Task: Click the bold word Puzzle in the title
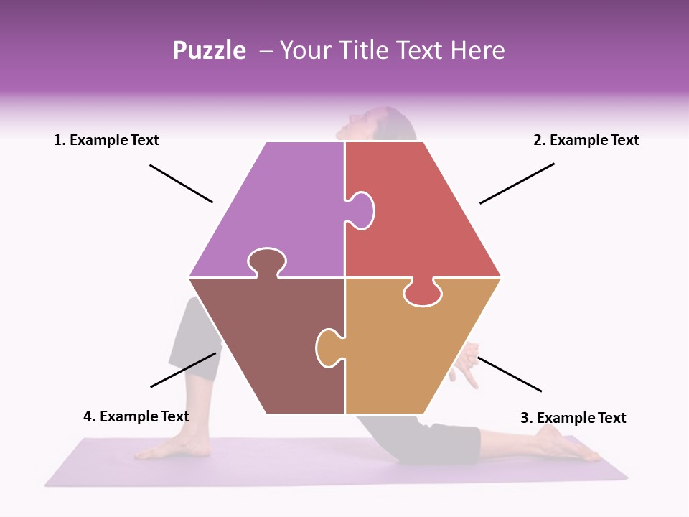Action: pos(209,50)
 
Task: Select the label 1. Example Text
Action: pos(106,140)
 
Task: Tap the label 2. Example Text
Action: pos(586,140)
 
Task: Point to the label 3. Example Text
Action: pos(573,417)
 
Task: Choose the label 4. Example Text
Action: pos(136,416)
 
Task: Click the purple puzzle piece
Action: pos(280,208)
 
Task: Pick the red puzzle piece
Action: pos(423,215)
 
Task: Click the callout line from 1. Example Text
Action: pos(181,184)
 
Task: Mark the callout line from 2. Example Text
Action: pos(517,183)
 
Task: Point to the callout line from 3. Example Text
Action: pos(509,374)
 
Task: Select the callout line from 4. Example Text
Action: pos(183,369)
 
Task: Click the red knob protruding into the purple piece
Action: pos(361,210)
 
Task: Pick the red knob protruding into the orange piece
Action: pos(421,294)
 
